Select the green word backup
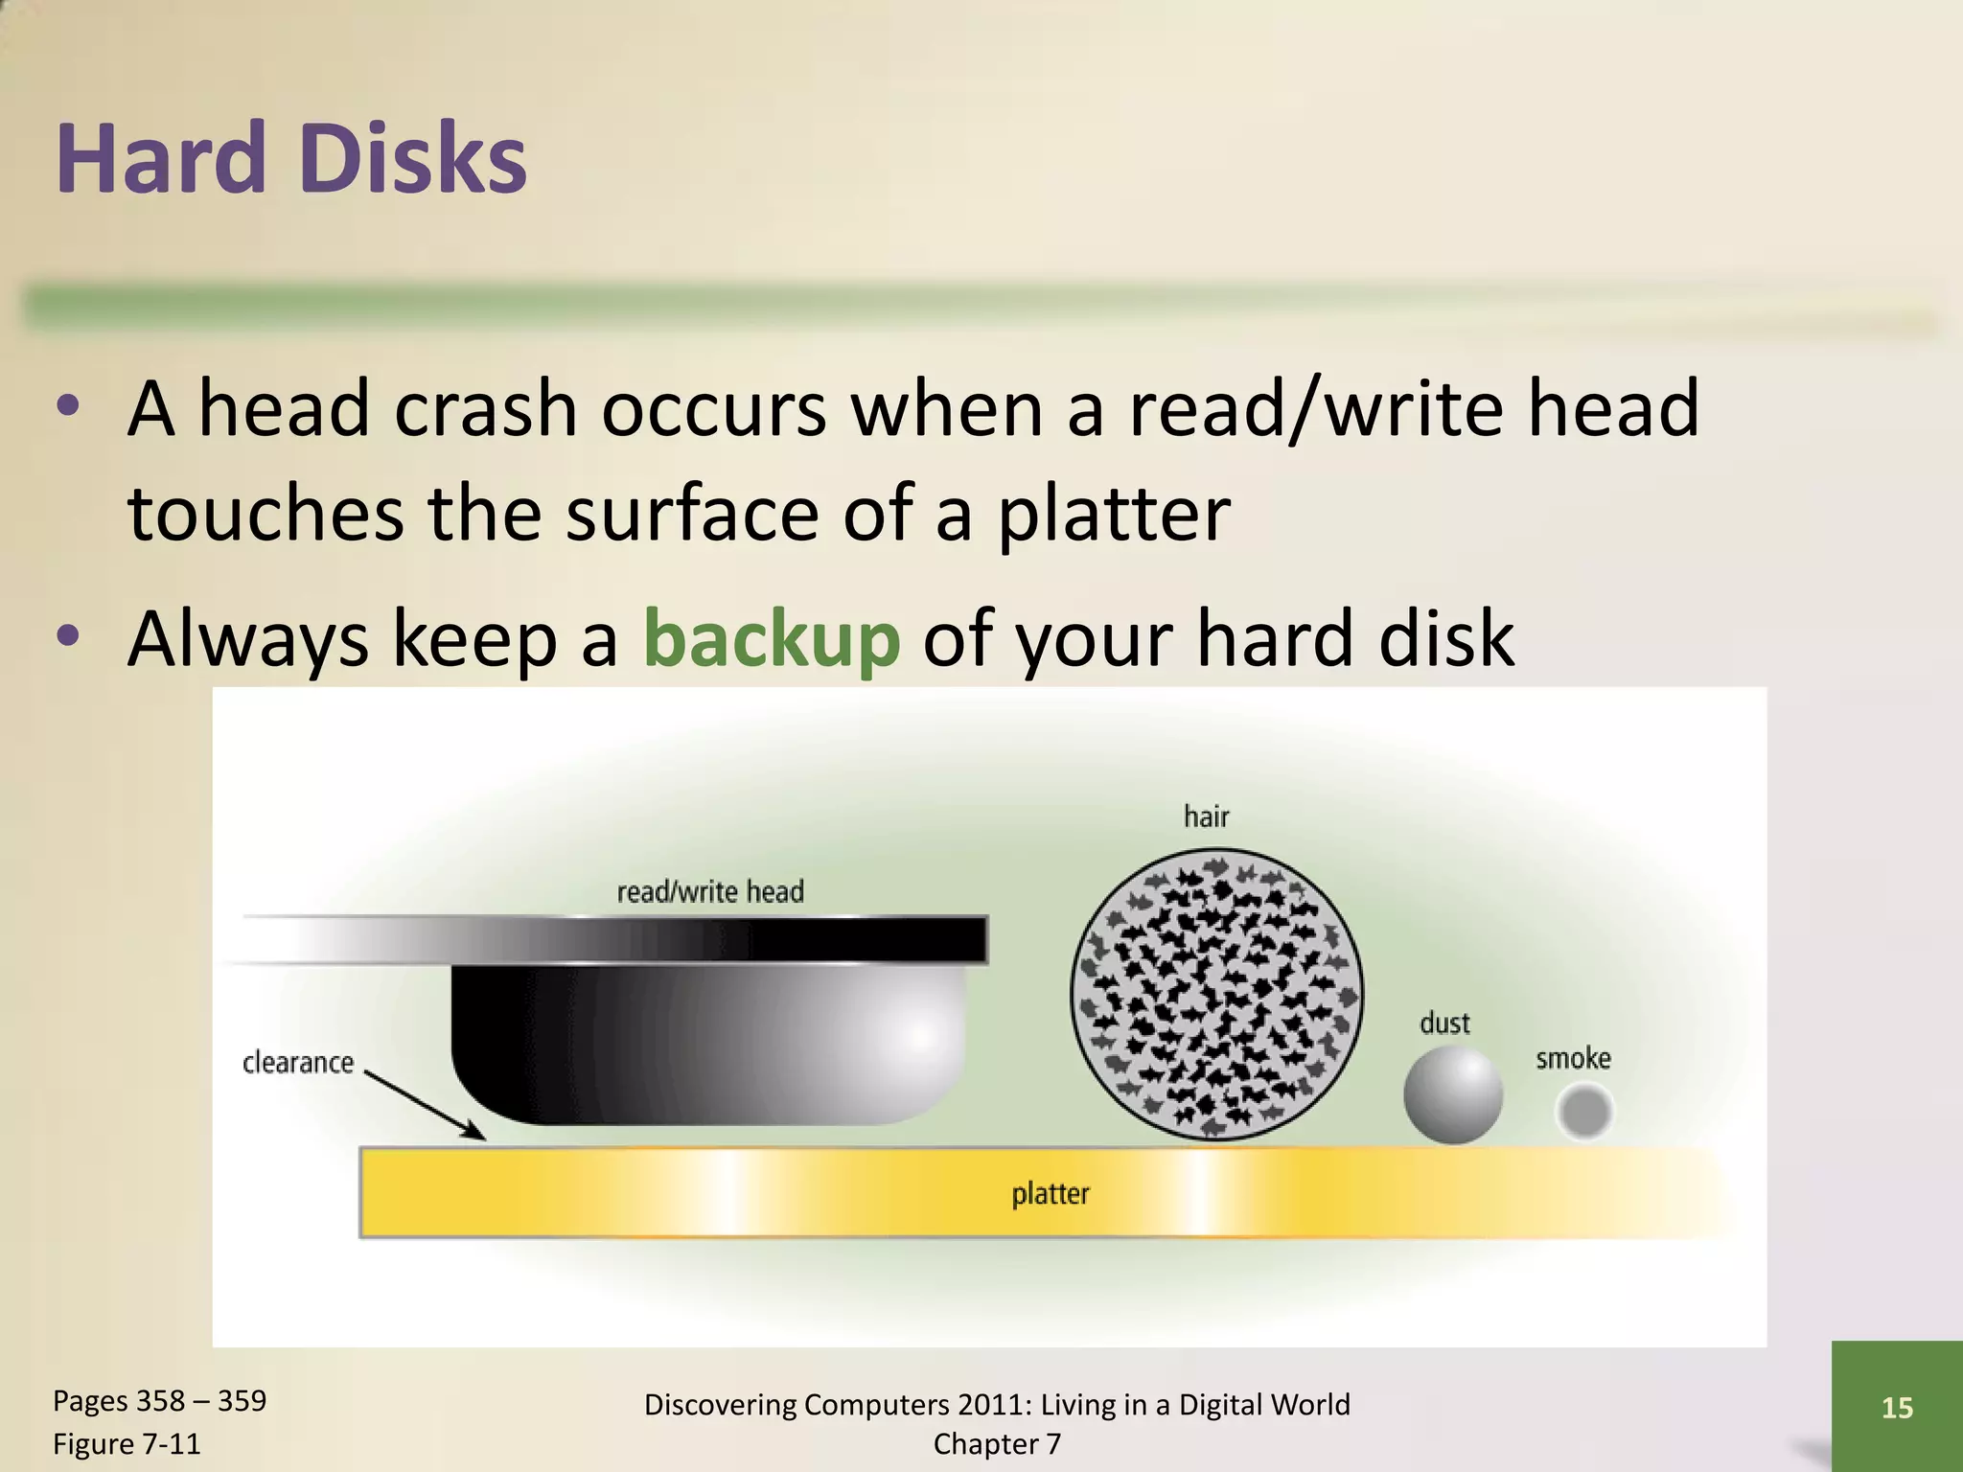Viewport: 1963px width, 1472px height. coord(772,638)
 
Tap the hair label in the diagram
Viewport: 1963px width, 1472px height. coord(1206,816)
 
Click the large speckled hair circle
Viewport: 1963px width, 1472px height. coord(1215,994)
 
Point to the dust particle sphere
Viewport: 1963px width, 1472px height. coord(1452,1094)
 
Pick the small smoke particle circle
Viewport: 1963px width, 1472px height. coord(1584,1112)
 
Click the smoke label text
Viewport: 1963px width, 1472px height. coord(1573,1058)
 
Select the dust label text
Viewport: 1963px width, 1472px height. coord(1444,1023)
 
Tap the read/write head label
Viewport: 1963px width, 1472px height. coord(710,892)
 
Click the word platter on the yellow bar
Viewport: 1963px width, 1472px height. coord(1051,1194)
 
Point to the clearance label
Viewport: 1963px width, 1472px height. coord(298,1063)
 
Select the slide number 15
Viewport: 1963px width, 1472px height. coord(1897,1407)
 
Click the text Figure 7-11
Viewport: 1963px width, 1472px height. coord(127,1443)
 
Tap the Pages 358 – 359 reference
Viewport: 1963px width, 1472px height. coord(159,1400)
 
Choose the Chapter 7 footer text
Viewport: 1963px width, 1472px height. coord(997,1443)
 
